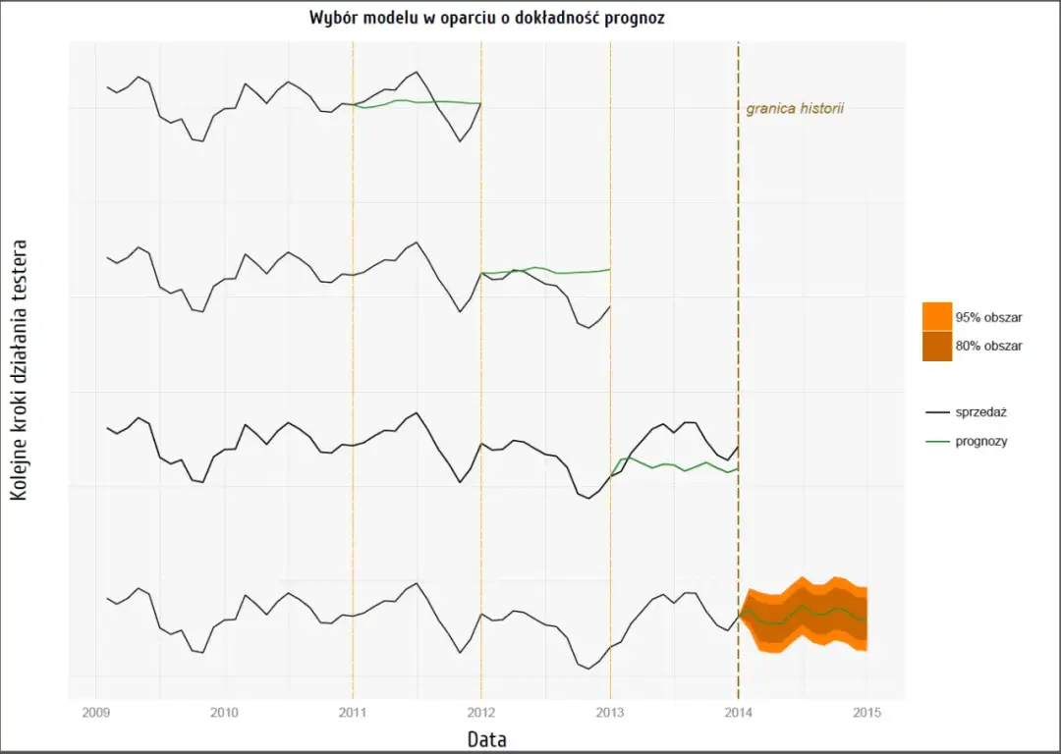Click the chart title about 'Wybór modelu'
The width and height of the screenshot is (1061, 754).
[x=487, y=19]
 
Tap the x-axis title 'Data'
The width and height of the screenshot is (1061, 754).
[x=486, y=738]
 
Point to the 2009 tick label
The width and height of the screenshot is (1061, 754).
[x=96, y=711]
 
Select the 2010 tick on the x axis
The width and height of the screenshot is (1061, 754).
[x=224, y=711]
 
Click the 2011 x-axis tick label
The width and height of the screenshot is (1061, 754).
[x=353, y=711]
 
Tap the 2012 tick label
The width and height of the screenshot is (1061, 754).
[x=481, y=711]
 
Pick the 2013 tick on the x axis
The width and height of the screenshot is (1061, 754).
[x=610, y=711]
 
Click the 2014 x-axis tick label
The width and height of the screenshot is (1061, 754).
[x=738, y=711]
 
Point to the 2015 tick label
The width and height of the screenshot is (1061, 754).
[x=866, y=711]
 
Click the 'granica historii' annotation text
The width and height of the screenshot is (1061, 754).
[x=795, y=109]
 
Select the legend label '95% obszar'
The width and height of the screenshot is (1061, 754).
[x=988, y=317]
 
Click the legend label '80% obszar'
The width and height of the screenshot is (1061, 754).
[x=988, y=346]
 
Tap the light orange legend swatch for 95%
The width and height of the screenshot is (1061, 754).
[x=937, y=316]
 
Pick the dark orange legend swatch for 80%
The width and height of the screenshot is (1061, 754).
[x=937, y=346]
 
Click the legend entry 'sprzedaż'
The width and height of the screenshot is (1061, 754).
[x=982, y=412]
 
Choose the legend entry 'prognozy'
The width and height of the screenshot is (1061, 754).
[x=982, y=442]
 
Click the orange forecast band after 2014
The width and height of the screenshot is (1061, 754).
[x=806, y=615]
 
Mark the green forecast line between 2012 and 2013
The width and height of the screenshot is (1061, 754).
[x=550, y=270]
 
